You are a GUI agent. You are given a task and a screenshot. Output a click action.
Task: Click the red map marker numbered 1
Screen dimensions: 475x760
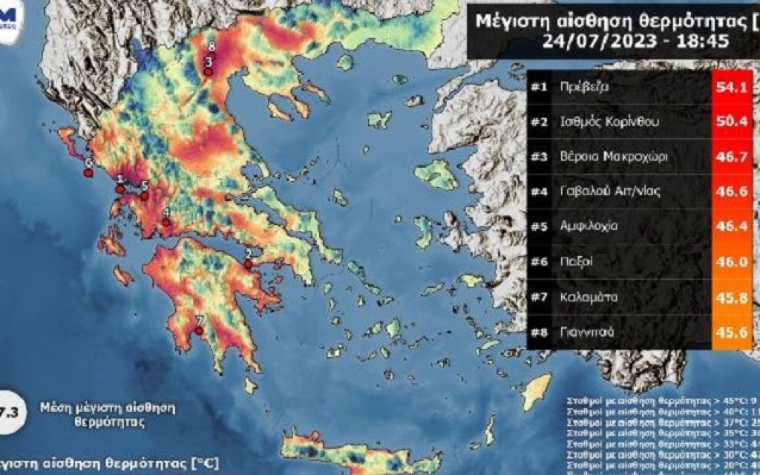point(119,189)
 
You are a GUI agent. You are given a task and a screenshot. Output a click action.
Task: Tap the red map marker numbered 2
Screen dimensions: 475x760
point(249,262)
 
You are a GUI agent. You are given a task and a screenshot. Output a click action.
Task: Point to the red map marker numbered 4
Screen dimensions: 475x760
point(166,221)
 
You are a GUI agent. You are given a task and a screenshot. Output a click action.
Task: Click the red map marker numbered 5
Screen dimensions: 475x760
point(145,196)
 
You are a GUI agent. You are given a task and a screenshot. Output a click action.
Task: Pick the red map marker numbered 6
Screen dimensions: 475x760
point(88,173)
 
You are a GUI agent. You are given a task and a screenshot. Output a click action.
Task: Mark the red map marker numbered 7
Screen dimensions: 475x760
point(199,331)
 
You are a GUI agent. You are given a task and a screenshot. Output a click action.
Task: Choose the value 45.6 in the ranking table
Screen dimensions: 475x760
point(730,332)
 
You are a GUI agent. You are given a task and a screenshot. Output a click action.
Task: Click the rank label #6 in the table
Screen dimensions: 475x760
point(539,263)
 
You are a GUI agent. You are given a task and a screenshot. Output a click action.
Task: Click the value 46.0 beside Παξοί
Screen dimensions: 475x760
point(730,263)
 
